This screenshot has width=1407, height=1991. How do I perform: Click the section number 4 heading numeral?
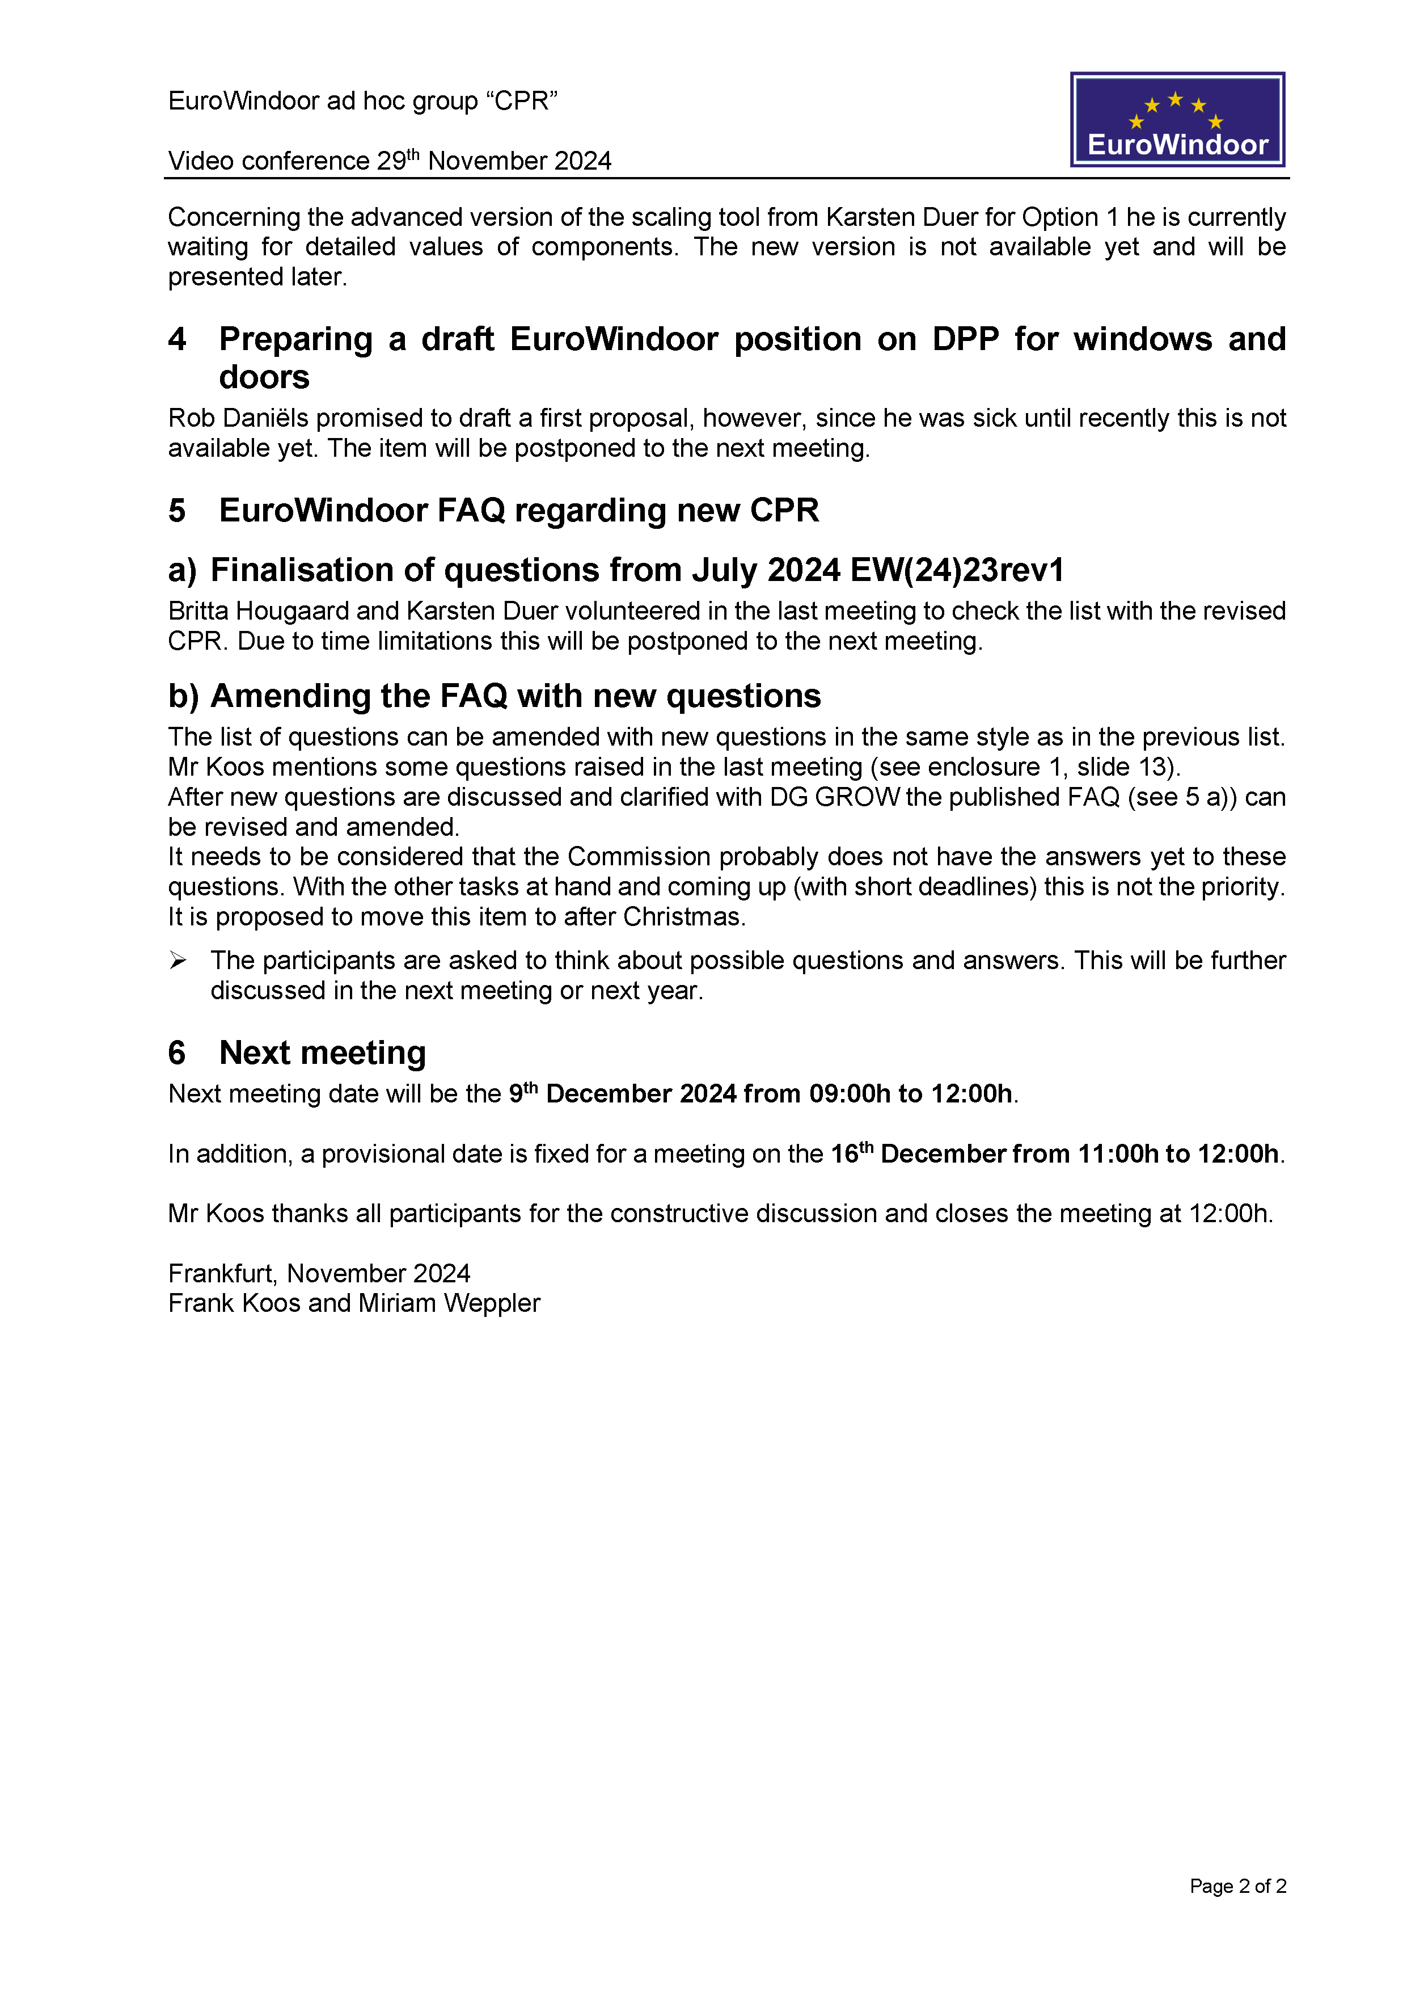click(x=177, y=339)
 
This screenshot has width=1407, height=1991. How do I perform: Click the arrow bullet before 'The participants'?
click(x=178, y=960)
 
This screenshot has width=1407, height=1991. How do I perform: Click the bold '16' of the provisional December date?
click(x=843, y=1154)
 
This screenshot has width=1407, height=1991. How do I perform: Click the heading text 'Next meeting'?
click(x=323, y=1052)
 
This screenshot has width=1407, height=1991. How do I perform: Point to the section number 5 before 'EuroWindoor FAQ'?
click(x=177, y=510)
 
